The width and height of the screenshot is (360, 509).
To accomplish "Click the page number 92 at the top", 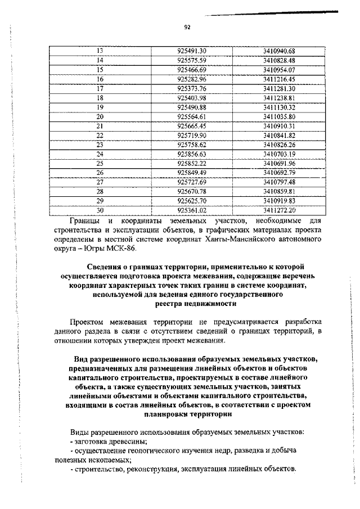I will pos(187,26).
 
